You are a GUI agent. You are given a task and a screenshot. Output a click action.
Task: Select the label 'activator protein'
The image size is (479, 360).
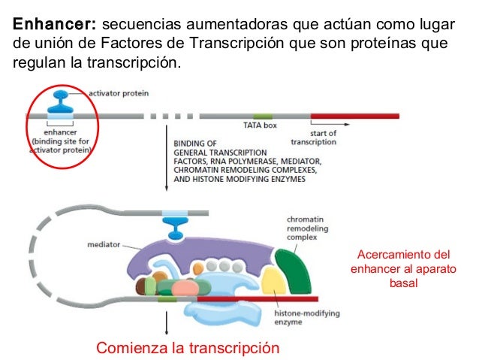(x=119, y=94)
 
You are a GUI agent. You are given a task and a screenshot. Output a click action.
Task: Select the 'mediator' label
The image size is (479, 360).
(x=104, y=244)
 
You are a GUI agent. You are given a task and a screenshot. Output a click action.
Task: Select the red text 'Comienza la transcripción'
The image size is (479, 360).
(x=188, y=347)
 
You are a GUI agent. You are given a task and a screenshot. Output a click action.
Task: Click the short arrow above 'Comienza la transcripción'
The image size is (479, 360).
(x=165, y=323)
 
